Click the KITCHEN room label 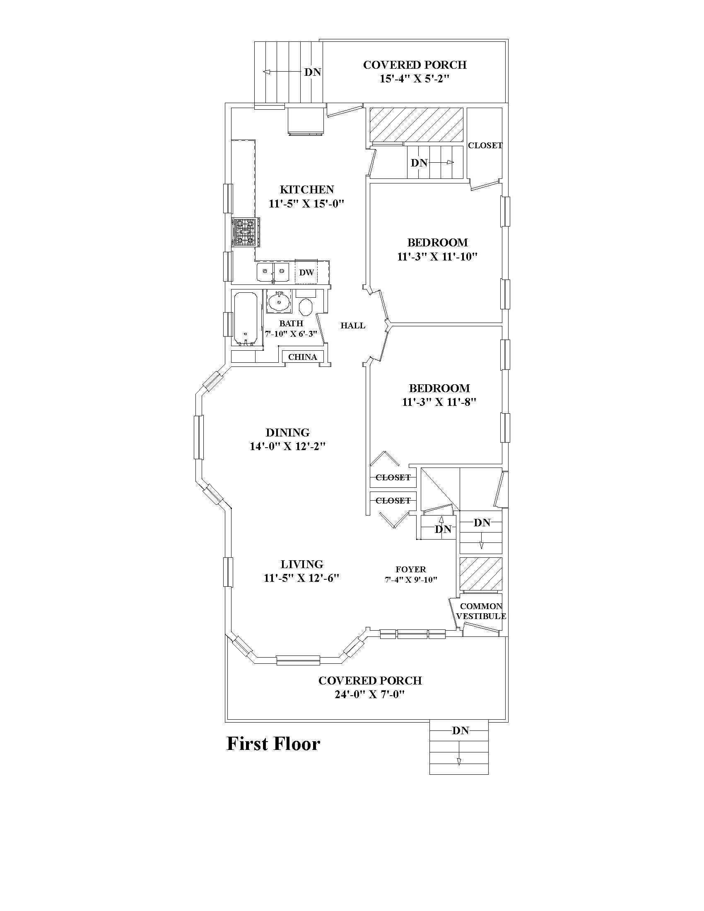point(306,190)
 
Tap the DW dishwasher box point(306,272)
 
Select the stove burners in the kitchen point(245,232)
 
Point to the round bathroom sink point(279,301)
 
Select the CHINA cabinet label point(303,357)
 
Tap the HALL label point(353,325)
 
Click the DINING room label point(288,433)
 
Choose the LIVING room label point(302,564)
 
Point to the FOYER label point(411,569)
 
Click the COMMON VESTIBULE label point(481,611)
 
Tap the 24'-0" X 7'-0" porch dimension point(370,694)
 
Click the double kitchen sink point(274,272)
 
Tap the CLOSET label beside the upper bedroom point(485,146)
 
